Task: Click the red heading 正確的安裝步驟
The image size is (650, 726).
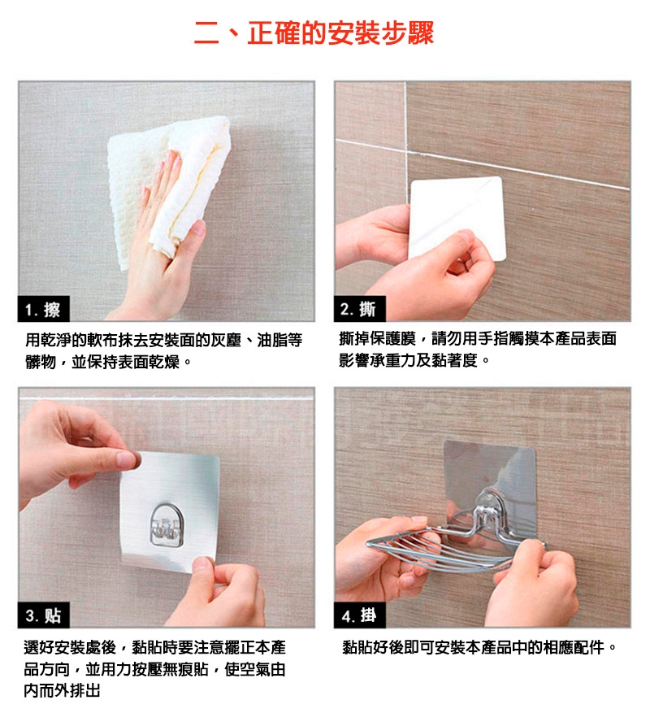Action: [x=340, y=33]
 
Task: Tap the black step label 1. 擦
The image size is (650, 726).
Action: [x=44, y=309]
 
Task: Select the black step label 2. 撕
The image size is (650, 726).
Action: [x=359, y=308]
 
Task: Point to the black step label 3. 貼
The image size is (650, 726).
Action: [x=44, y=615]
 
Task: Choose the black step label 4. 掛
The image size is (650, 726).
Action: [x=359, y=615]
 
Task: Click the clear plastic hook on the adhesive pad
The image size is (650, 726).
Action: [x=167, y=524]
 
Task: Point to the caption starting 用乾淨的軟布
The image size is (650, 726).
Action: [x=163, y=341]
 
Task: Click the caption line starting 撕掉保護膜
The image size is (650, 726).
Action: [x=478, y=338]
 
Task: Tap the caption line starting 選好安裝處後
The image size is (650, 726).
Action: [x=155, y=647]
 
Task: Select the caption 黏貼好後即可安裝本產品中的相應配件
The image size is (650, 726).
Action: [x=479, y=647]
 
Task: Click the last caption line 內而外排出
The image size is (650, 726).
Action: [x=62, y=690]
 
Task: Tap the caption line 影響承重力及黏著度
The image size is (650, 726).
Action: [x=414, y=360]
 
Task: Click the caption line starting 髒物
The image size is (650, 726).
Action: [x=108, y=362]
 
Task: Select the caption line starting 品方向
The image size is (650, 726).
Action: [x=154, y=669]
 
